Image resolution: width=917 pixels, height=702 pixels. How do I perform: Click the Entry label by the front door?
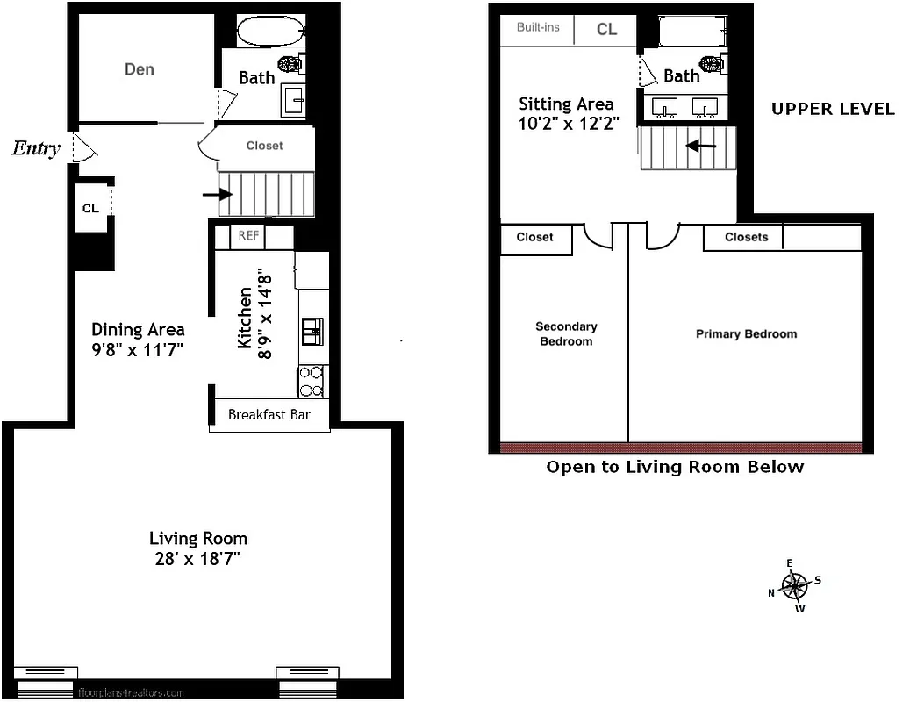[x=36, y=148]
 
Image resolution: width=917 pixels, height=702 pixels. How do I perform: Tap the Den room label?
[x=140, y=69]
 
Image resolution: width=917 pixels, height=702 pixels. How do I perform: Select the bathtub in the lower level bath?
[x=270, y=32]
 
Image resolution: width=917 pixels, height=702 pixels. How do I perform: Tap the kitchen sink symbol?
[x=312, y=331]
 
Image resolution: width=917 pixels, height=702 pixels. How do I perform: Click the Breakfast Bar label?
[x=269, y=414]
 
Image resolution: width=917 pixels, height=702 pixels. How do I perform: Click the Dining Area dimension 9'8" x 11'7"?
[x=139, y=350]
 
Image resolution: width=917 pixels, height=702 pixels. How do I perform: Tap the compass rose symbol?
[x=795, y=584]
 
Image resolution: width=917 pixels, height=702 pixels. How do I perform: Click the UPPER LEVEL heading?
[x=833, y=109]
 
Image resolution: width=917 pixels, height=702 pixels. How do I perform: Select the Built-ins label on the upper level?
[x=538, y=28]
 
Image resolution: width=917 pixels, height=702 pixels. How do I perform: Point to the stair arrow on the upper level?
[x=700, y=146]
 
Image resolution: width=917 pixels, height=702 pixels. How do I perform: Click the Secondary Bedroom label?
[x=566, y=333]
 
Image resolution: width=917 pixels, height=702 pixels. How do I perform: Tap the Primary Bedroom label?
[x=746, y=333]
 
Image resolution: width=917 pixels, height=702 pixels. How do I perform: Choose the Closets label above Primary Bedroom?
[x=746, y=237]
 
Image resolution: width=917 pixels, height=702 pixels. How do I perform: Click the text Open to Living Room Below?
[x=675, y=467]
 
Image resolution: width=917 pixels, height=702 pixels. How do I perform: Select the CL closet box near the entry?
[x=90, y=208]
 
